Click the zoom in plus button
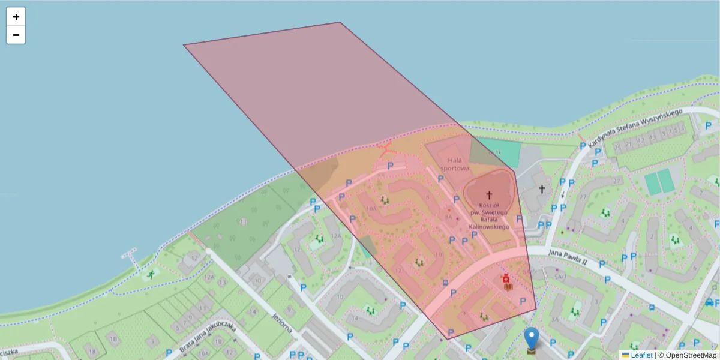click(16, 17)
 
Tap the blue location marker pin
click(531, 338)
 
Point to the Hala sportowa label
click(454, 164)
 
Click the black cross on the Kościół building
click(489, 195)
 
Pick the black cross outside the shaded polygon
click(542, 189)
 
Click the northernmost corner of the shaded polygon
click(340, 22)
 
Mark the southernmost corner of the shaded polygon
click(447, 340)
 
